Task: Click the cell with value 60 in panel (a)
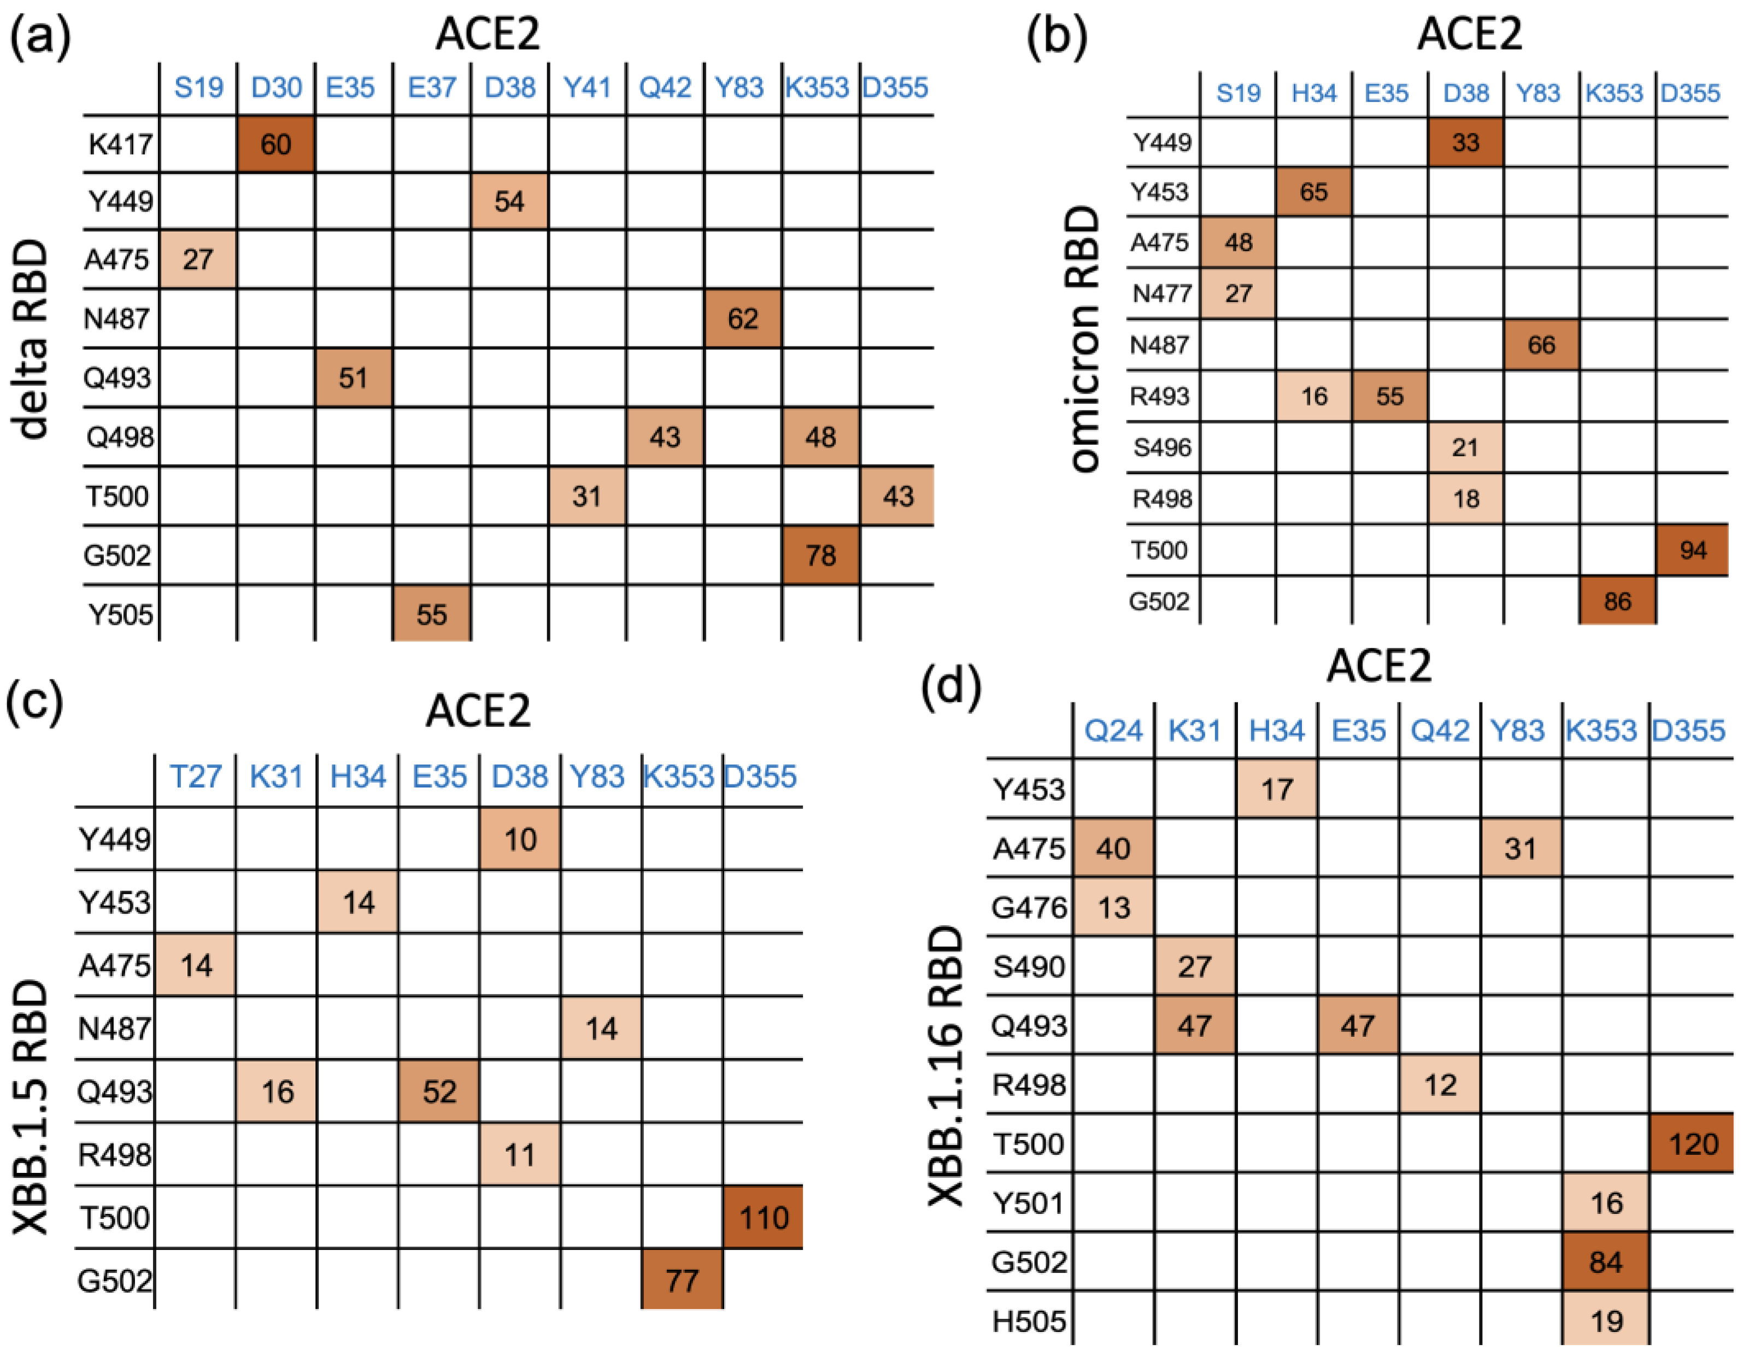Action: coord(275,144)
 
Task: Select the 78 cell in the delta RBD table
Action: coord(820,555)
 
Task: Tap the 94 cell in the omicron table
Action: coord(1692,550)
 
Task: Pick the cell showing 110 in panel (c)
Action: coord(763,1217)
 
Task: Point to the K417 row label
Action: coord(120,144)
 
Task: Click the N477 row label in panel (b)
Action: coord(1161,293)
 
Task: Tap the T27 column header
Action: coord(196,776)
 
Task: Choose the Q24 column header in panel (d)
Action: coord(1113,730)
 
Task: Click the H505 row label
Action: coord(1028,1322)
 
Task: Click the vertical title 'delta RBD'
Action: coord(32,339)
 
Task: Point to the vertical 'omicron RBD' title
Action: coord(1084,339)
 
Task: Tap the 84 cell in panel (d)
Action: coord(1605,1262)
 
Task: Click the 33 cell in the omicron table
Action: coord(1465,143)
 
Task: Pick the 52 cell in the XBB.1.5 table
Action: coord(439,1091)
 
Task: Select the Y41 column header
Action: coord(586,87)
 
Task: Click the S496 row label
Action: coord(1161,448)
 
